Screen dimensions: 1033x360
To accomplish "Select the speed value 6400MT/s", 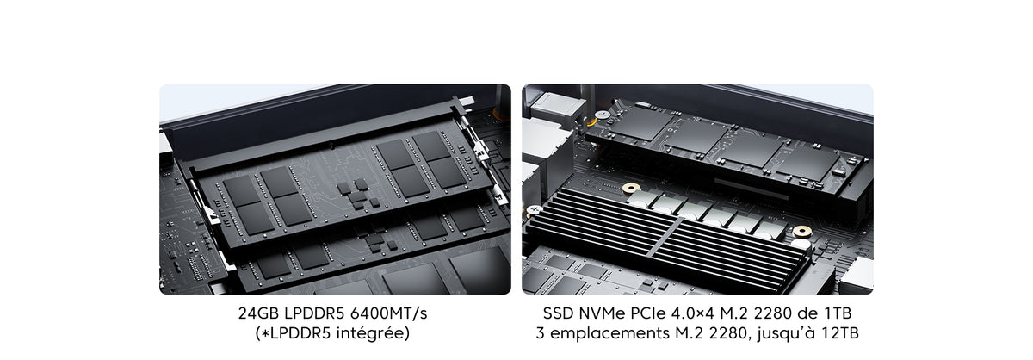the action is (x=389, y=313).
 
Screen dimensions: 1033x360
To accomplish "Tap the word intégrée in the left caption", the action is (x=373, y=333).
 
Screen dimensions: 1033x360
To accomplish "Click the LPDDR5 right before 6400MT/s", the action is (x=314, y=313).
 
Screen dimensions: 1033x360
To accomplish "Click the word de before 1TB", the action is (x=807, y=313).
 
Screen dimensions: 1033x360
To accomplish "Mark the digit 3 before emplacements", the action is (x=540, y=333).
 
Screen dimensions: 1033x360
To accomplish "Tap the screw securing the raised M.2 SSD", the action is (x=601, y=115).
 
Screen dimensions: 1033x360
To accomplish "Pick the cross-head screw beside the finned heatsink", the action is (x=534, y=210).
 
